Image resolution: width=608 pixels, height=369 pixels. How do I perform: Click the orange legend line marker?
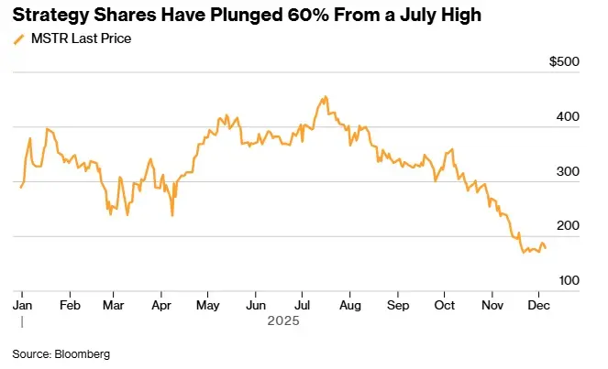pyautogui.click(x=18, y=39)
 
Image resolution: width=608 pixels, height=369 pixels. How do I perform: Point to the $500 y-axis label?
pyautogui.click(x=562, y=62)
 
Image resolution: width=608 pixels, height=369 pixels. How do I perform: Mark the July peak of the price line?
pyautogui.click(x=325, y=96)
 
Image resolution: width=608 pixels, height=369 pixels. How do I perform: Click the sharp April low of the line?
pyautogui.click(x=172, y=216)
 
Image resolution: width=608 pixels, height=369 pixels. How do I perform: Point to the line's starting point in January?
pyautogui.click(x=21, y=187)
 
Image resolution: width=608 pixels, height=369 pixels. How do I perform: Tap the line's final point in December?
pyautogui.click(x=546, y=248)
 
